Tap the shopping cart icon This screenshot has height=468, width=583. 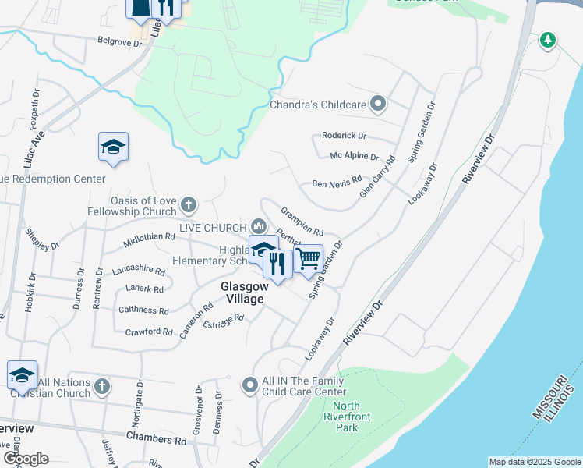click(309, 258)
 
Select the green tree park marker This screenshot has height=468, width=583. click(548, 40)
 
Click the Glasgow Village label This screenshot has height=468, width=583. click(242, 292)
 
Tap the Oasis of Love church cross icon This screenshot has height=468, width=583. click(187, 205)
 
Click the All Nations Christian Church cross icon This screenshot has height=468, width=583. click(101, 385)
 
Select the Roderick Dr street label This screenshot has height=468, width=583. click(344, 135)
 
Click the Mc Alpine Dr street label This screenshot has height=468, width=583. click(354, 157)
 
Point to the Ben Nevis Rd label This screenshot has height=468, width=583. click(337, 184)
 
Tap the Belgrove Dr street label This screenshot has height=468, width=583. click(120, 43)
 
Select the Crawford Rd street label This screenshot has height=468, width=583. click(149, 331)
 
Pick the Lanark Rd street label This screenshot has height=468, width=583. click(146, 289)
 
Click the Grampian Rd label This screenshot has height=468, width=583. click(302, 221)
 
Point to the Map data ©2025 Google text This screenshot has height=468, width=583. click(534, 462)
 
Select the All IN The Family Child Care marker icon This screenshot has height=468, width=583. click(250, 385)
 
